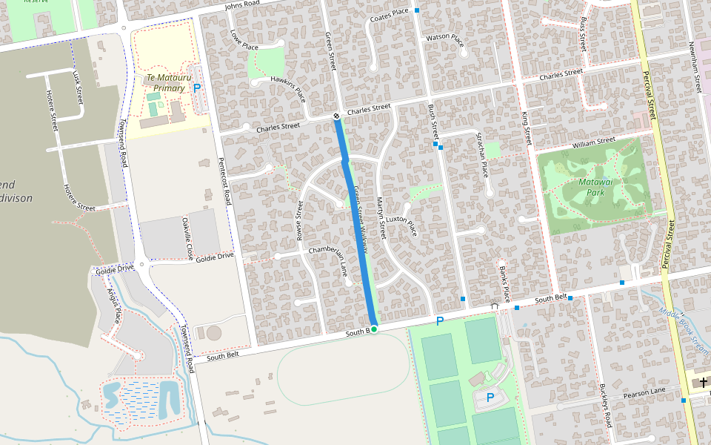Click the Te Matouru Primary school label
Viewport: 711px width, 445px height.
(x=165, y=82)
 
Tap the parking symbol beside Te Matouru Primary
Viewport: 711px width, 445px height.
(x=197, y=88)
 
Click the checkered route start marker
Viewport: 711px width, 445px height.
(x=336, y=116)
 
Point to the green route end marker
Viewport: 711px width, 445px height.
(x=374, y=329)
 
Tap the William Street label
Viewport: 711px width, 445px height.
(x=593, y=140)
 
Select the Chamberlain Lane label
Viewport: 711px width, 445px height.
(x=338, y=261)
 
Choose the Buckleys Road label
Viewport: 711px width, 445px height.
(x=604, y=407)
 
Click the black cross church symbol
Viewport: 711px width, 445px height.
(x=703, y=381)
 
